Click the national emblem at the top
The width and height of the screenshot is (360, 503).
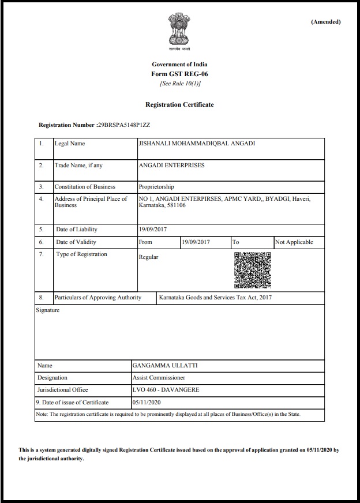tap(179, 29)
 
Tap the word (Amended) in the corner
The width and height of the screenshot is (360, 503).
tap(326, 22)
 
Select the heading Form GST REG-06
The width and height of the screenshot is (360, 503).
tap(179, 74)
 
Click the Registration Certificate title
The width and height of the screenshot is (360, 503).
tap(179, 104)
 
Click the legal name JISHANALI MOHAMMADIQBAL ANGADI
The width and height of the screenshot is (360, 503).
tap(197, 144)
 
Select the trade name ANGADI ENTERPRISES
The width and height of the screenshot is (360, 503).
tap(172, 166)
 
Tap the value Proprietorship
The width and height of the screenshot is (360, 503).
tap(156, 187)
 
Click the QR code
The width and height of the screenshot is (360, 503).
tap(252, 270)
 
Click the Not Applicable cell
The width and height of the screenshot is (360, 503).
tap(294, 242)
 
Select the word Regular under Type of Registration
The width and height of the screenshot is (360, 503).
tap(148, 257)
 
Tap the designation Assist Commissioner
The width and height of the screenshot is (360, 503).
tap(159, 378)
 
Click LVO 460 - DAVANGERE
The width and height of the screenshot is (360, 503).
tap(166, 390)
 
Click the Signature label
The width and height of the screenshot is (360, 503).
tap(48, 310)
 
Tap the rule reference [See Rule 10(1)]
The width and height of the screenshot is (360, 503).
tap(179, 84)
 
